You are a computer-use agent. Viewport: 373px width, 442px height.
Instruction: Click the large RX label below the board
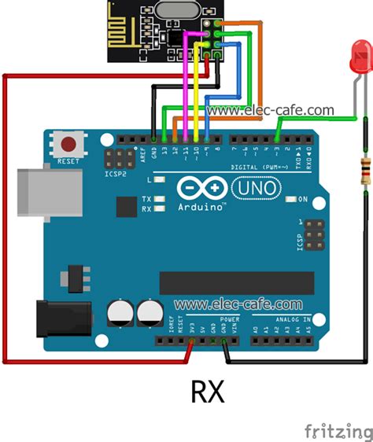tap(207, 392)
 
